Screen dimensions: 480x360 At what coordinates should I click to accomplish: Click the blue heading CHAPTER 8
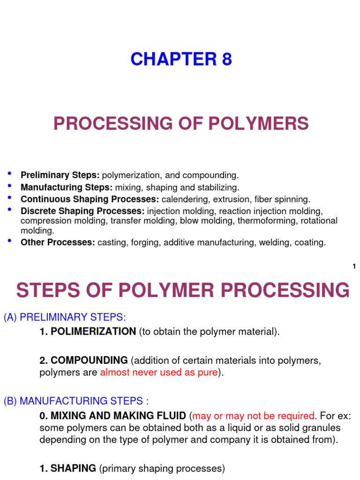click(x=181, y=60)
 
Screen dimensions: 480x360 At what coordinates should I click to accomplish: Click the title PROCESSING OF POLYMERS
click(x=181, y=124)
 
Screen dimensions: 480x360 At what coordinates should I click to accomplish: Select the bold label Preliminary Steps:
click(x=60, y=175)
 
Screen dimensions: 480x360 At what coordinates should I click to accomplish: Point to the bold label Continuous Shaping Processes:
click(x=90, y=199)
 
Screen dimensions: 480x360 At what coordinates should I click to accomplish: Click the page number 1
click(x=354, y=267)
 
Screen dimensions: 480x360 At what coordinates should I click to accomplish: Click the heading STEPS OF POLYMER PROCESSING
click(x=183, y=290)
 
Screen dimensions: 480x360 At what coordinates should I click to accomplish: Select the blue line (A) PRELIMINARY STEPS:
click(x=65, y=317)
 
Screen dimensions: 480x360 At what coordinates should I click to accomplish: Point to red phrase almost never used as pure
click(x=159, y=373)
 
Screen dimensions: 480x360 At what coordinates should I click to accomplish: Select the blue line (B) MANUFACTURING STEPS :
click(x=76, y=401)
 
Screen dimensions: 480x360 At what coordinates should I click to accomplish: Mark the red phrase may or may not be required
click(x=253, y=416)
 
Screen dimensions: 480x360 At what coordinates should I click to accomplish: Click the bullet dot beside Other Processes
click(x=10, y=241)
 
